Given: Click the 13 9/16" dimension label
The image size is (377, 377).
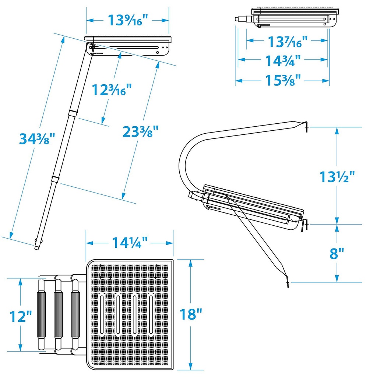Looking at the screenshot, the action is [127, 20].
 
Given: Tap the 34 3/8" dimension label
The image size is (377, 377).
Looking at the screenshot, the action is [37, 139].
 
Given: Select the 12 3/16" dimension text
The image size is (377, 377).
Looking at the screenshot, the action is [112, 90].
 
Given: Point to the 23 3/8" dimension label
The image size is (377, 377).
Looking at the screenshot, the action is [141, 131].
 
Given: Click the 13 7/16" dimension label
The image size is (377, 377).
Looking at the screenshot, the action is [288, 42].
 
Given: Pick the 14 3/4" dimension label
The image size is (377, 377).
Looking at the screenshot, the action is [283, 61].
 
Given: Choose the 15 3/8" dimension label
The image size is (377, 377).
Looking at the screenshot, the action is [283, 80].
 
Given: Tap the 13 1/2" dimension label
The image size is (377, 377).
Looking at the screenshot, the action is [337, 177].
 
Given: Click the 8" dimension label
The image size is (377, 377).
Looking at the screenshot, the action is [337, 253].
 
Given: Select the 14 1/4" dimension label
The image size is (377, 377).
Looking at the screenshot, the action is [130, 243].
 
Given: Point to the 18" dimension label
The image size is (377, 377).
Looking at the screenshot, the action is [191, 314].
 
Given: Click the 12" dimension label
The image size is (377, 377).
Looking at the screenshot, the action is [21, 316].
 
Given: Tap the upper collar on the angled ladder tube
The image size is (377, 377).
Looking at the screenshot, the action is [73, 113].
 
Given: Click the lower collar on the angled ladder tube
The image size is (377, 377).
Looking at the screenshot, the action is [56, 179].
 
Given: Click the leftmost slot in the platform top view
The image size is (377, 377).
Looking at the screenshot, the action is [102, 315].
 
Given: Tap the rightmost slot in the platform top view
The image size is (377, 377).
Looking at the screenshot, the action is [151, 315].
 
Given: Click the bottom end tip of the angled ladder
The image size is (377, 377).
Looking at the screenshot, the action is [36, 248].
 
